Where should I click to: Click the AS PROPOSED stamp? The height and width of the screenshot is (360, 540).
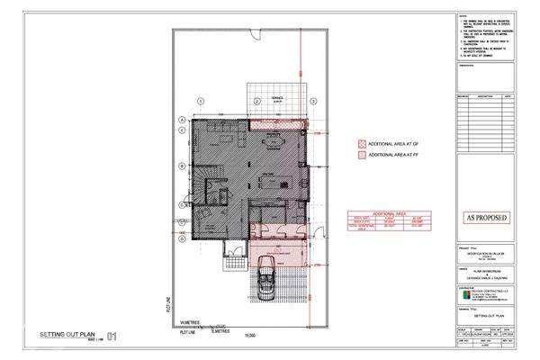(x=485, y=217)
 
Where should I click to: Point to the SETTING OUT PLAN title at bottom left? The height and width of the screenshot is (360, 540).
(x=68, y=335)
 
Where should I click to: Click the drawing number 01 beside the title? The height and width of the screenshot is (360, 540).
(x=112, y=337)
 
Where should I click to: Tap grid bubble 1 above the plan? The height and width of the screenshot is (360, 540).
(x=202, y=101)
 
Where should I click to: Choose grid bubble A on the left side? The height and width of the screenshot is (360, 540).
(x=181, y=120)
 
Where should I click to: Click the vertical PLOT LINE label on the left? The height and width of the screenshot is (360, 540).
(x=168, y=306)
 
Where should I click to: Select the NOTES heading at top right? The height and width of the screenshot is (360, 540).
(x=464, y=15)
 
